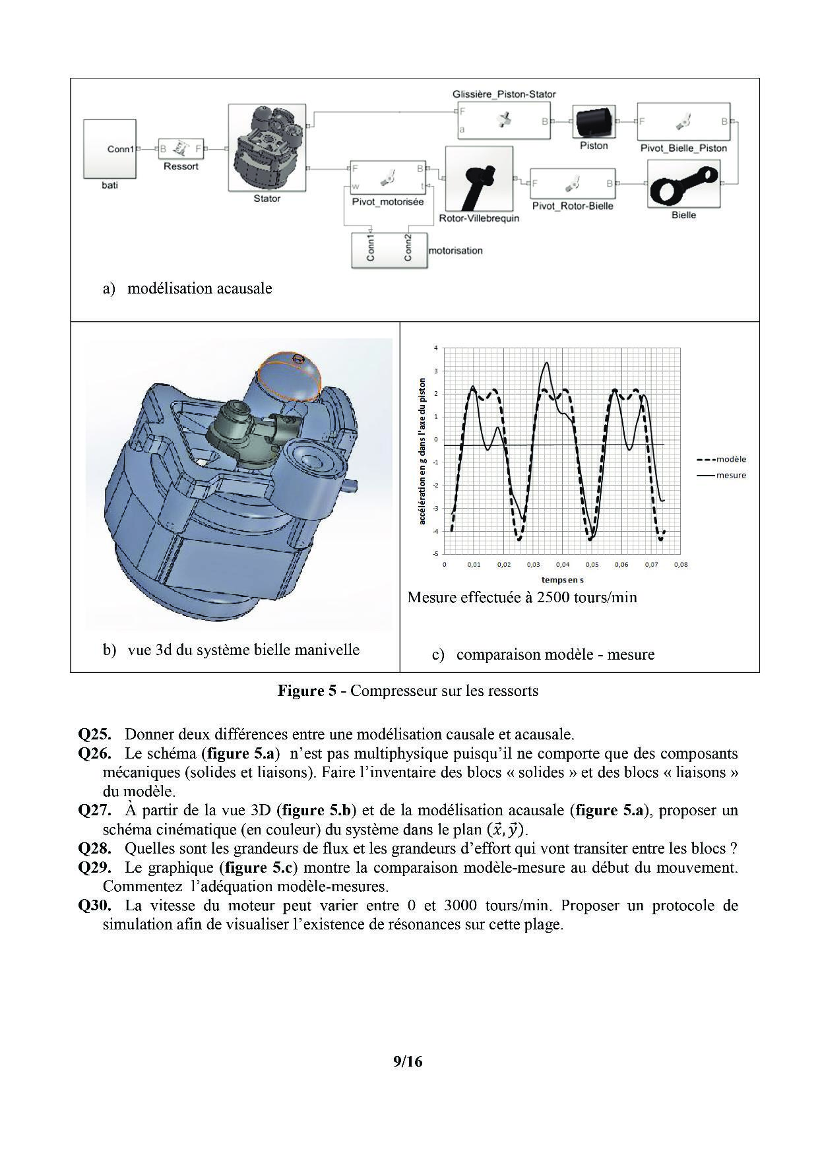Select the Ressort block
pyautogui.click(x=181, y=149)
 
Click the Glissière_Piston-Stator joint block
pyautogui.click(x=504, y=120)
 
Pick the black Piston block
pyautogui.click(x=594, y=121)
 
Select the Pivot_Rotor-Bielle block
pyautogui.click(x=573, y=183)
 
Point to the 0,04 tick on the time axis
pyautogui.click(x=563, y=565)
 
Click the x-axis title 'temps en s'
pyautogui.click(x=562, y=580)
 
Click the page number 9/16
pyautogui.click(x=407, y=1061)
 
